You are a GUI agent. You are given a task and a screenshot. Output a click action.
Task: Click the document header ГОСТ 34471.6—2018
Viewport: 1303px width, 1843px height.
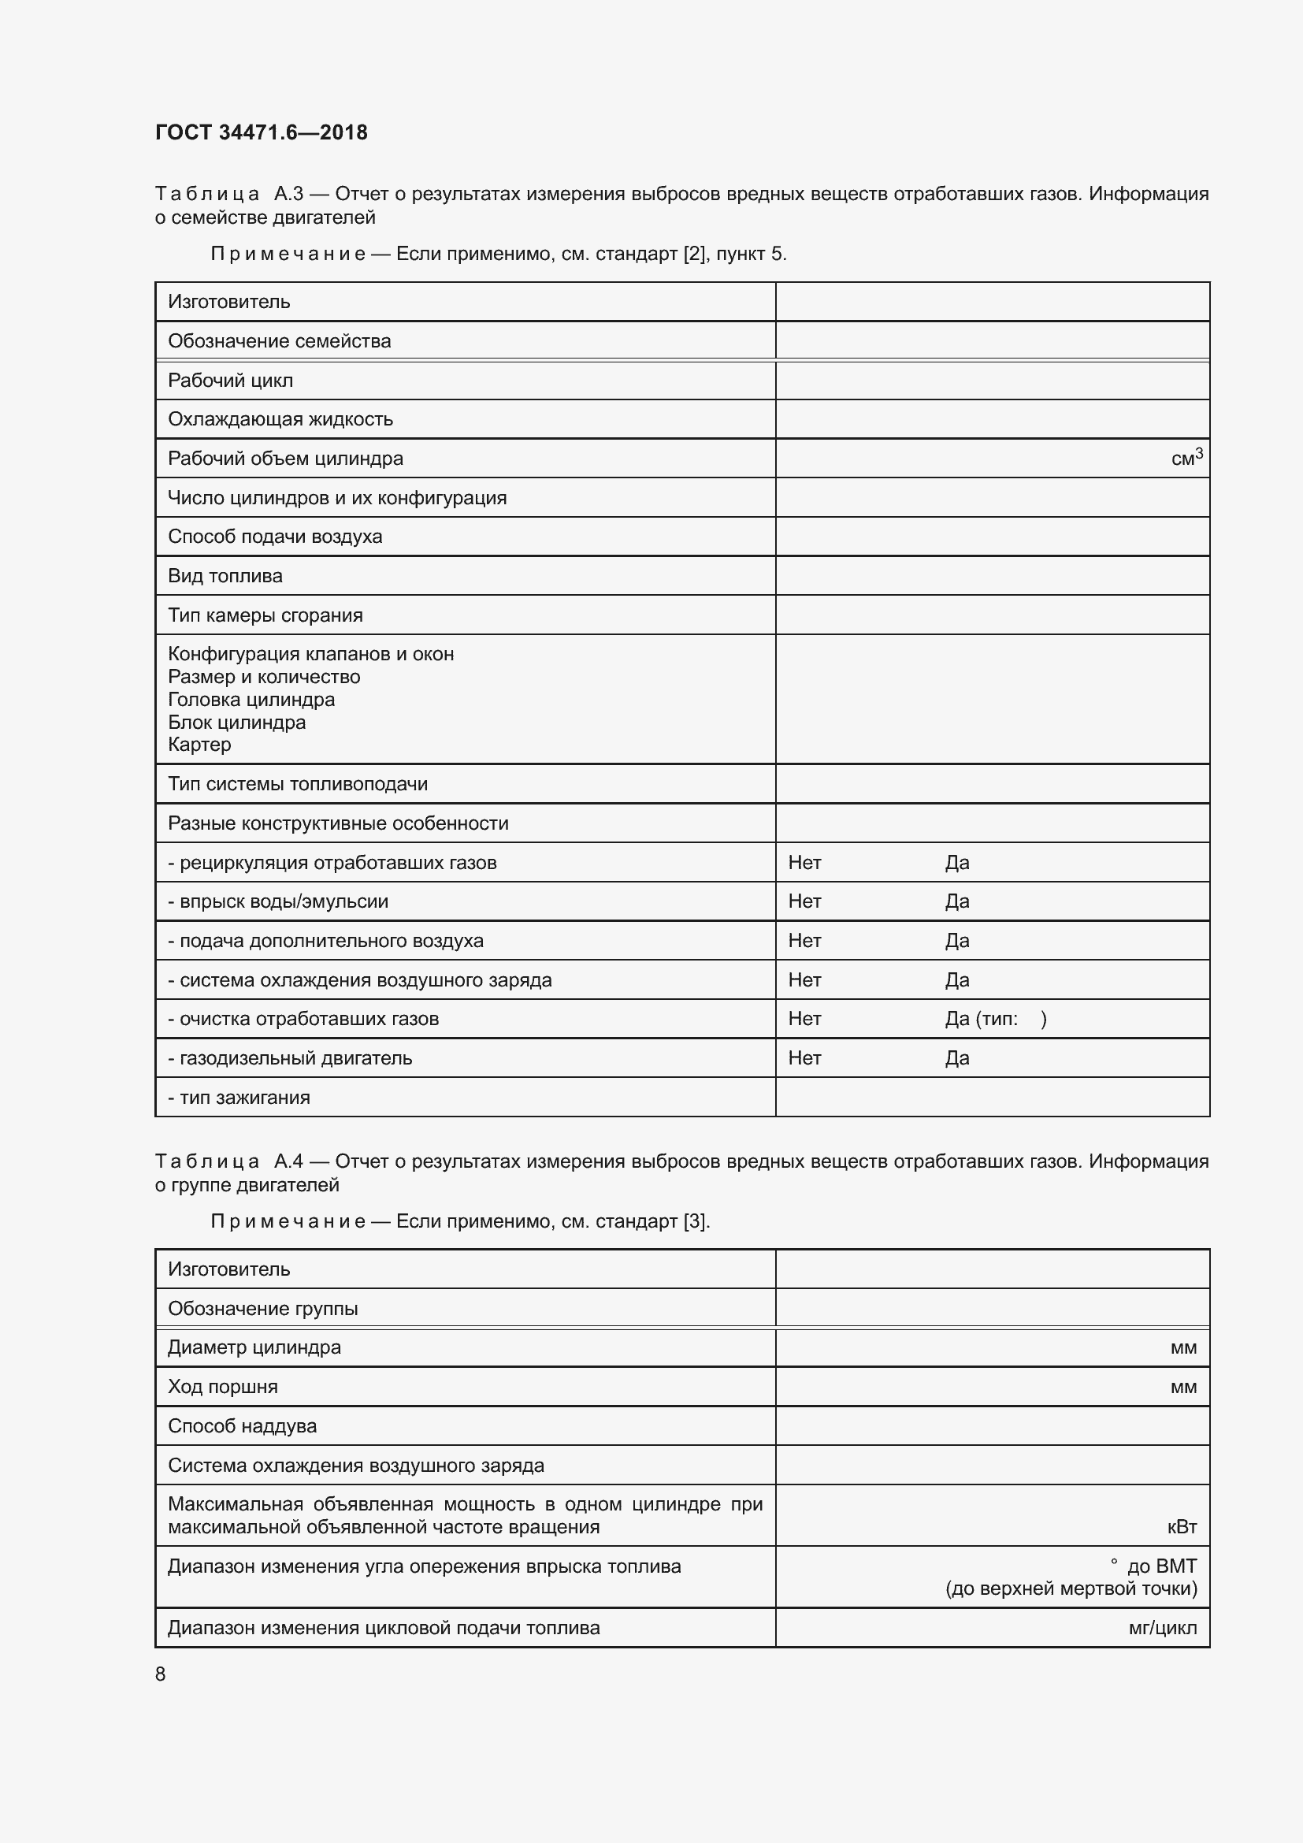261,132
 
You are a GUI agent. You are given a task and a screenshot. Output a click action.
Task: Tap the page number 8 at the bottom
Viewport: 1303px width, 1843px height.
161,1674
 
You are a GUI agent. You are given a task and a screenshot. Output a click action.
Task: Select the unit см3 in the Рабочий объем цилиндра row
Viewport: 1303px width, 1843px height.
1186,459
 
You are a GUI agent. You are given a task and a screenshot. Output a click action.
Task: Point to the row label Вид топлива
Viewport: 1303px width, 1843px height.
225,575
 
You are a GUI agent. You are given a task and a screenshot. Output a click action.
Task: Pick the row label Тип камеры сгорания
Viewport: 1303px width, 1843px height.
265,615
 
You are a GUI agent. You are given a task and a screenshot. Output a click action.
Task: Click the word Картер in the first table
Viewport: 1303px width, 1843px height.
199,744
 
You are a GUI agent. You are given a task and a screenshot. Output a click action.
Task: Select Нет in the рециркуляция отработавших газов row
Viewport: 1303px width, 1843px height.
804,862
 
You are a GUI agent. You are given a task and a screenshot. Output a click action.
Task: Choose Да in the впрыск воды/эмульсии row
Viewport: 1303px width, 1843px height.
956,901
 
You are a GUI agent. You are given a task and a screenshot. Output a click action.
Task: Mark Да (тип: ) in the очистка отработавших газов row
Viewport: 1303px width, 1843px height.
995,1019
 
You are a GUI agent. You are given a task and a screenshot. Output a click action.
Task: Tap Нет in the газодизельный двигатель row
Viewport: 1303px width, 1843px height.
804,1058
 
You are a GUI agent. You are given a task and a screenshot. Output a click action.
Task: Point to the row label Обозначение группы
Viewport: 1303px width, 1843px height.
262,1309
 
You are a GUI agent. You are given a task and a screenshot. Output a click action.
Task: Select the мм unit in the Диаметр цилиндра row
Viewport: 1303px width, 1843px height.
1182,1347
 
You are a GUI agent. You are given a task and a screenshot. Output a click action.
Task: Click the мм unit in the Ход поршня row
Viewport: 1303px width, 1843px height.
1182,1387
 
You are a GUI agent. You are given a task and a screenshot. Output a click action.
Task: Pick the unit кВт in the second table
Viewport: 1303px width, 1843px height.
1181,1527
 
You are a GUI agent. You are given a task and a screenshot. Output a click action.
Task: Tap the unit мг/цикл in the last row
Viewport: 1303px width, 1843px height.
1162,1628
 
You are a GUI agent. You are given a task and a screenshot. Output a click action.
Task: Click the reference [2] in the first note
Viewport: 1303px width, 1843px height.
693,254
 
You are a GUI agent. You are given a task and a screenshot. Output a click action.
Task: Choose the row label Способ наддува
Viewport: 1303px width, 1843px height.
242,1426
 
